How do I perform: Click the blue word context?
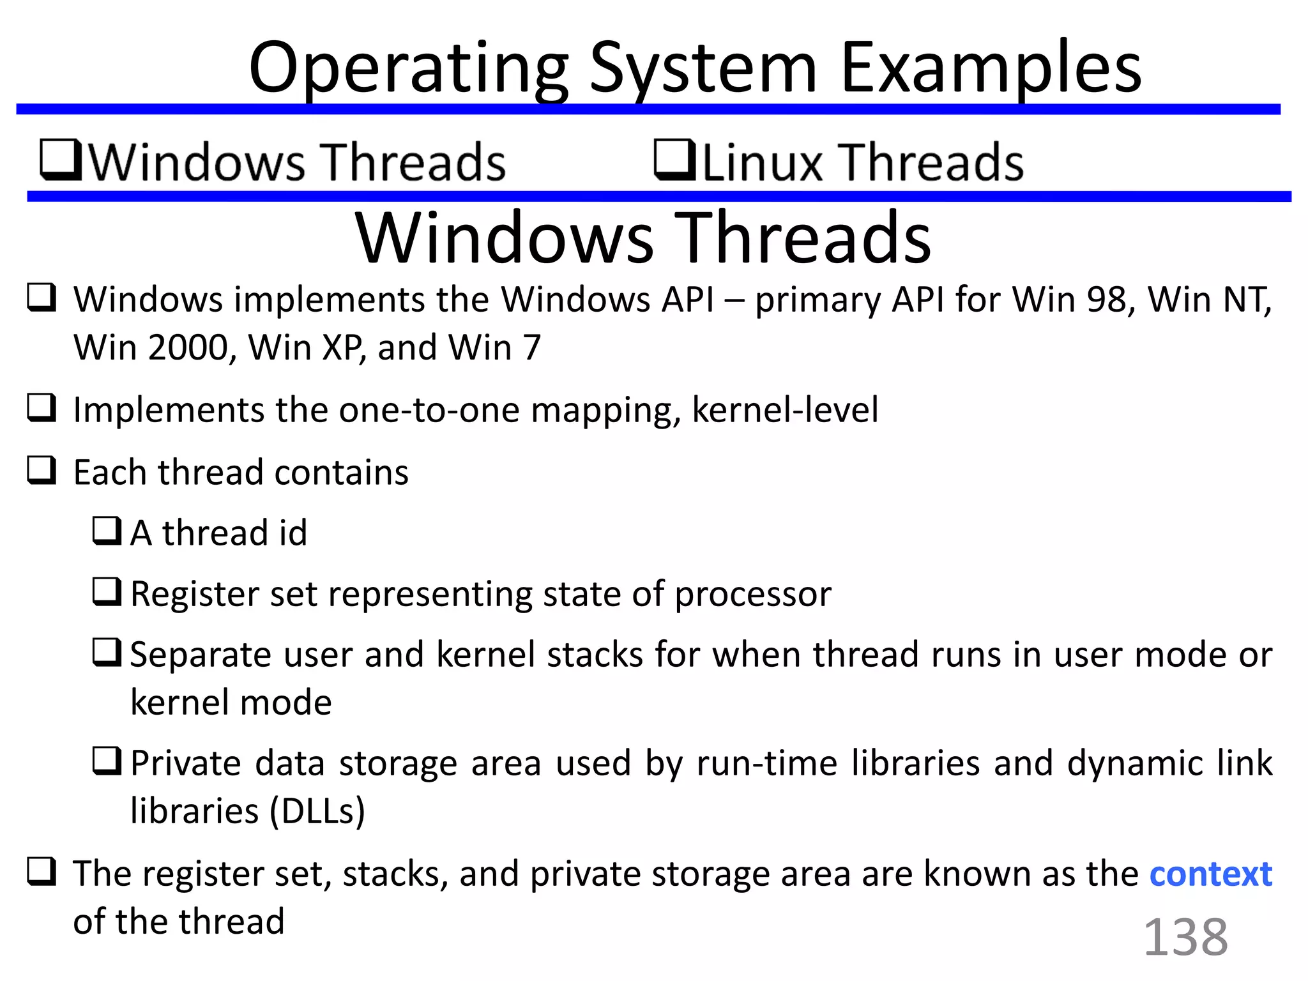(x=1210, y=874)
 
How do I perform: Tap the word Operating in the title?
(x=408, y=68)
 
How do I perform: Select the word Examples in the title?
(x=991, y=66)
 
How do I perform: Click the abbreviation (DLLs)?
(x=317, y=811)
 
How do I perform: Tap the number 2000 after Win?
(x=188, y=348)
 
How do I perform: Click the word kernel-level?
(x=785, y=410)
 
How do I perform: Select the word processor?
(x=753, y=594)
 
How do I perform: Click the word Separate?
(x=208, y=655)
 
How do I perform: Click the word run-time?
(x=766, y=763)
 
